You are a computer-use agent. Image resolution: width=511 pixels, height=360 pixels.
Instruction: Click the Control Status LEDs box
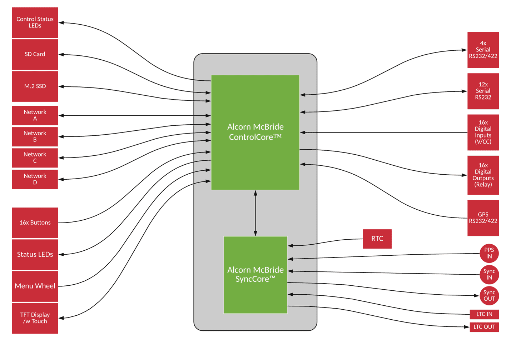(35, 22)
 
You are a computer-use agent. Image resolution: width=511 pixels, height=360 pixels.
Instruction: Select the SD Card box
(35, 54)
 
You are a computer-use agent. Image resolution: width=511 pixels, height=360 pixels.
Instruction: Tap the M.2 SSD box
(35, 86)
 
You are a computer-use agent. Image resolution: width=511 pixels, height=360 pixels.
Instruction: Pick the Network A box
(35, 115)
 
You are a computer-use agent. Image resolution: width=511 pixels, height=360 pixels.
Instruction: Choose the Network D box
(35, 179)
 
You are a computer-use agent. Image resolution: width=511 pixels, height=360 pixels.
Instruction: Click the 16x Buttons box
(35, 222)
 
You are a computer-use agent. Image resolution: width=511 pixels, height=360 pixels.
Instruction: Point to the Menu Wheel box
(35, 286)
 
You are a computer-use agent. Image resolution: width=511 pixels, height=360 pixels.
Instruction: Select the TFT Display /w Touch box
(35, 318)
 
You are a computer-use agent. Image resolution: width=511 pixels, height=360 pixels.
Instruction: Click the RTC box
(377, 239)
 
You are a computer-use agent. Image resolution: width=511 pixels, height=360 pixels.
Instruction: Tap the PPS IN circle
(489, 253)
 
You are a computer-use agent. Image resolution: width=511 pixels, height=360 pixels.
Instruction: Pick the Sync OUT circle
(489, 296)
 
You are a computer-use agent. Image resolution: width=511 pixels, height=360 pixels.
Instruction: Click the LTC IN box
(484, 314)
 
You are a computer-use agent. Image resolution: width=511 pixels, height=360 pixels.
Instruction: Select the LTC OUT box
(484, 327)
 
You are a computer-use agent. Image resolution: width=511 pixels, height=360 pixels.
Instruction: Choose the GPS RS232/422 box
(483, 218)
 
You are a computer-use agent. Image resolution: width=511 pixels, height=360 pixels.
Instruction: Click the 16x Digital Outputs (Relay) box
(483, 175)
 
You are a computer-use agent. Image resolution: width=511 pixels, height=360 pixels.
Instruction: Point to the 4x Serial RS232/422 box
(483, 50)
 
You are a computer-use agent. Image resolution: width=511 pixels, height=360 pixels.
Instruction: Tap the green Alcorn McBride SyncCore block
(255, 275)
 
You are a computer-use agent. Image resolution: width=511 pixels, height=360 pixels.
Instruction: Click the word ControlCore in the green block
(251, 137)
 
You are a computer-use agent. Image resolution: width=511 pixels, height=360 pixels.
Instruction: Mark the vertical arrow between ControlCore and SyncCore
(255, 213)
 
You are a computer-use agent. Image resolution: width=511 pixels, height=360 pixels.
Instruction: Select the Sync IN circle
(489, 274)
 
